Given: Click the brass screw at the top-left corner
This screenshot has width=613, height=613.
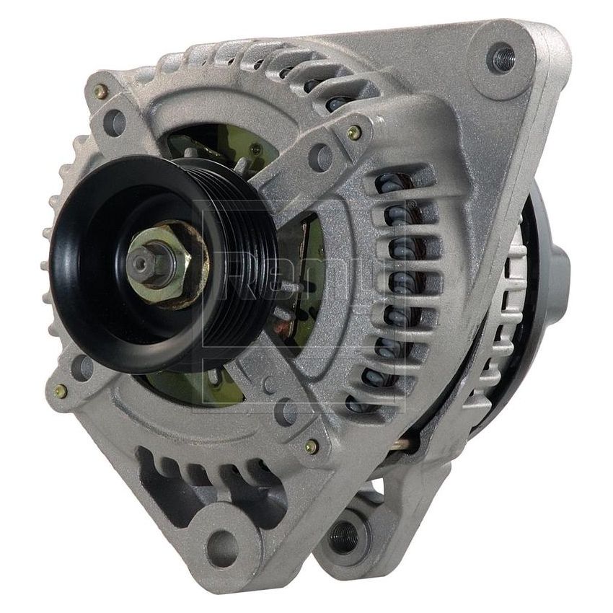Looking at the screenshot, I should point(101,92).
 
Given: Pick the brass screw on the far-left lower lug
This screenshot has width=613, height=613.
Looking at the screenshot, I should point(61,391).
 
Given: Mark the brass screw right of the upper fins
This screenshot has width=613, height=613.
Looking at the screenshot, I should point(354,133).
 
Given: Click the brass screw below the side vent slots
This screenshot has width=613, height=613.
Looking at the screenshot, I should point(312,446).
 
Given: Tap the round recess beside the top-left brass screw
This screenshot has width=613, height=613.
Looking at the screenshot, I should point(115,122).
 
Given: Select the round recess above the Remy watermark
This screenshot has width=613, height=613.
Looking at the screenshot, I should point(320,156).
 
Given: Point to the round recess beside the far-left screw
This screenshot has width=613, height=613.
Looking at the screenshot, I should point(83,368).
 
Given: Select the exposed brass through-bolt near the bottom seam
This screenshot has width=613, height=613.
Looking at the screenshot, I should point(404,444).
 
